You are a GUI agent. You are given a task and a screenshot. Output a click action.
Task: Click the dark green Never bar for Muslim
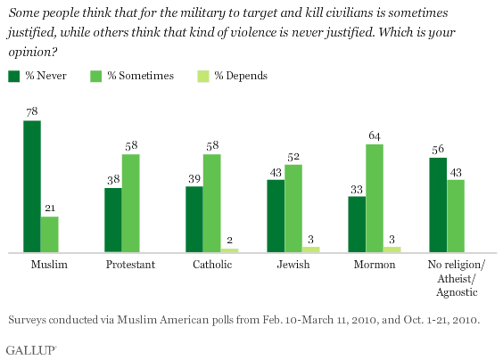pyautogui.click(x=32, y=187)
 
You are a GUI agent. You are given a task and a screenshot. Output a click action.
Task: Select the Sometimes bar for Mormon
pyautogui.click(x=375, y=199)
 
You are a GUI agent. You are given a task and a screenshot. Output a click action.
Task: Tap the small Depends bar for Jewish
pyautogui.click(x=311, y=250)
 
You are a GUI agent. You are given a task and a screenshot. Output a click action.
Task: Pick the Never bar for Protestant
pyautogui.click(x=112, y=220)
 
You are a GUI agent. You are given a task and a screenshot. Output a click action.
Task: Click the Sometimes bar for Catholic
pyautogui.click(x=211, y=203)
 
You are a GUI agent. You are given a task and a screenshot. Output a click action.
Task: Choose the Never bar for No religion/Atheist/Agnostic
pyautogui.click(x=438, y=205)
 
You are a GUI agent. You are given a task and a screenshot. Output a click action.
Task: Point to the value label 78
pyautogui.click(x=32, y=112)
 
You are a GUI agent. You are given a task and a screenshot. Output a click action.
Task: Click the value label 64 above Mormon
pyautogui.click(x=375, y=135)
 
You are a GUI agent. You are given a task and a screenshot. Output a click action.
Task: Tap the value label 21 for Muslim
pyautogui.click(x=49, y=209)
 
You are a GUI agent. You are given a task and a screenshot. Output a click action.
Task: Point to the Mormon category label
pyautogui.click(x=374, y=266)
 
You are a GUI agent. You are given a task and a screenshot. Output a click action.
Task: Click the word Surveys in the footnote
pyautogui.click(x=29, y=317)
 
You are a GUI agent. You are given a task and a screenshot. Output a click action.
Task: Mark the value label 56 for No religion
pyautogui.click(x=438, y=149)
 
